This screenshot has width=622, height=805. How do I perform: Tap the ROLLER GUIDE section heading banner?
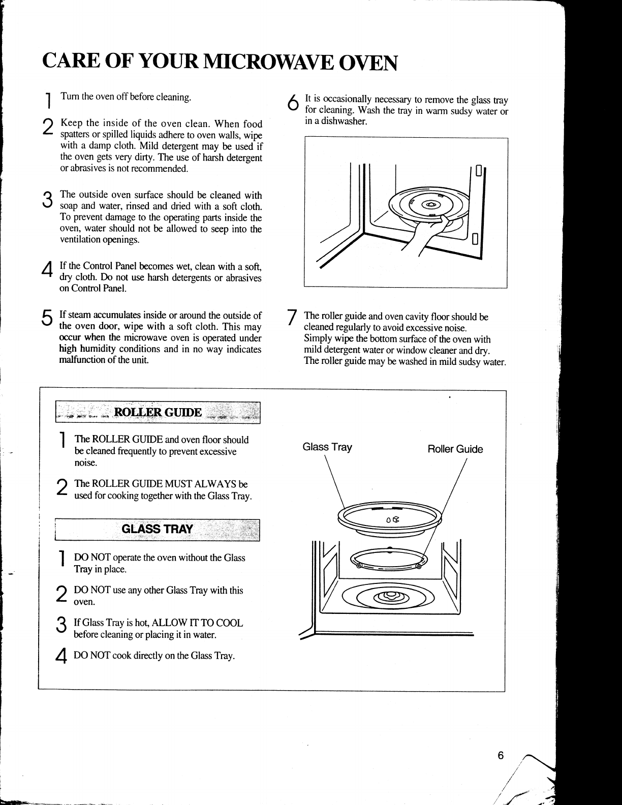tap(158, 412)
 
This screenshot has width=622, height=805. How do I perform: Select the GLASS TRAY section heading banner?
tap(158, 529)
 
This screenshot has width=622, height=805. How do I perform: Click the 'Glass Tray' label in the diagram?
tap(327, 447)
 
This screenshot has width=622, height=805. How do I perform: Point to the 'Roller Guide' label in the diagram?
tap(455, 449)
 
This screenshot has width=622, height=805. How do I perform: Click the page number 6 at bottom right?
tap(500, 756)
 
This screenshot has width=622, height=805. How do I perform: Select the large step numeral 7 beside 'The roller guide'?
tap(292, 318)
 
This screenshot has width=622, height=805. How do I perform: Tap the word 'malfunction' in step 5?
tap(81, 360)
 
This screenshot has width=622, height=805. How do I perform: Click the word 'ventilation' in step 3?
tap(81, 240)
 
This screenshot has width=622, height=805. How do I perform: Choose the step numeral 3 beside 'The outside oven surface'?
tap(47, 199)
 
